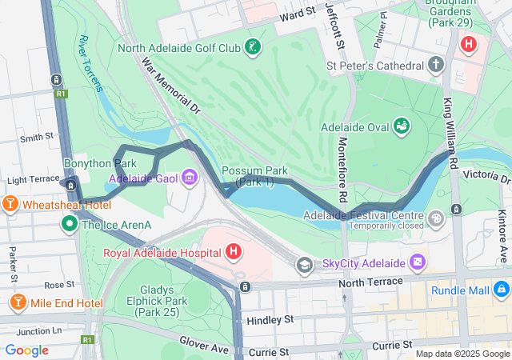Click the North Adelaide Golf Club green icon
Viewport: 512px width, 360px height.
tap(252, 47)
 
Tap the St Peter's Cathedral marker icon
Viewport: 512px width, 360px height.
tap(437, 64)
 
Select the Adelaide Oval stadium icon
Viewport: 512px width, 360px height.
tap(402, 126)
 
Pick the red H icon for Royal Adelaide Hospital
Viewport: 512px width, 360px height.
tap(233, 253)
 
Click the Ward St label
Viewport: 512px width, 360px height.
tap(297, 14)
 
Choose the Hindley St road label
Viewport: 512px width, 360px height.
tap(270, 319)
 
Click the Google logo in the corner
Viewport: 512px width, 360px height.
tap(27, 350)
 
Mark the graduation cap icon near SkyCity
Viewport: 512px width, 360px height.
tap(304, 264)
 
